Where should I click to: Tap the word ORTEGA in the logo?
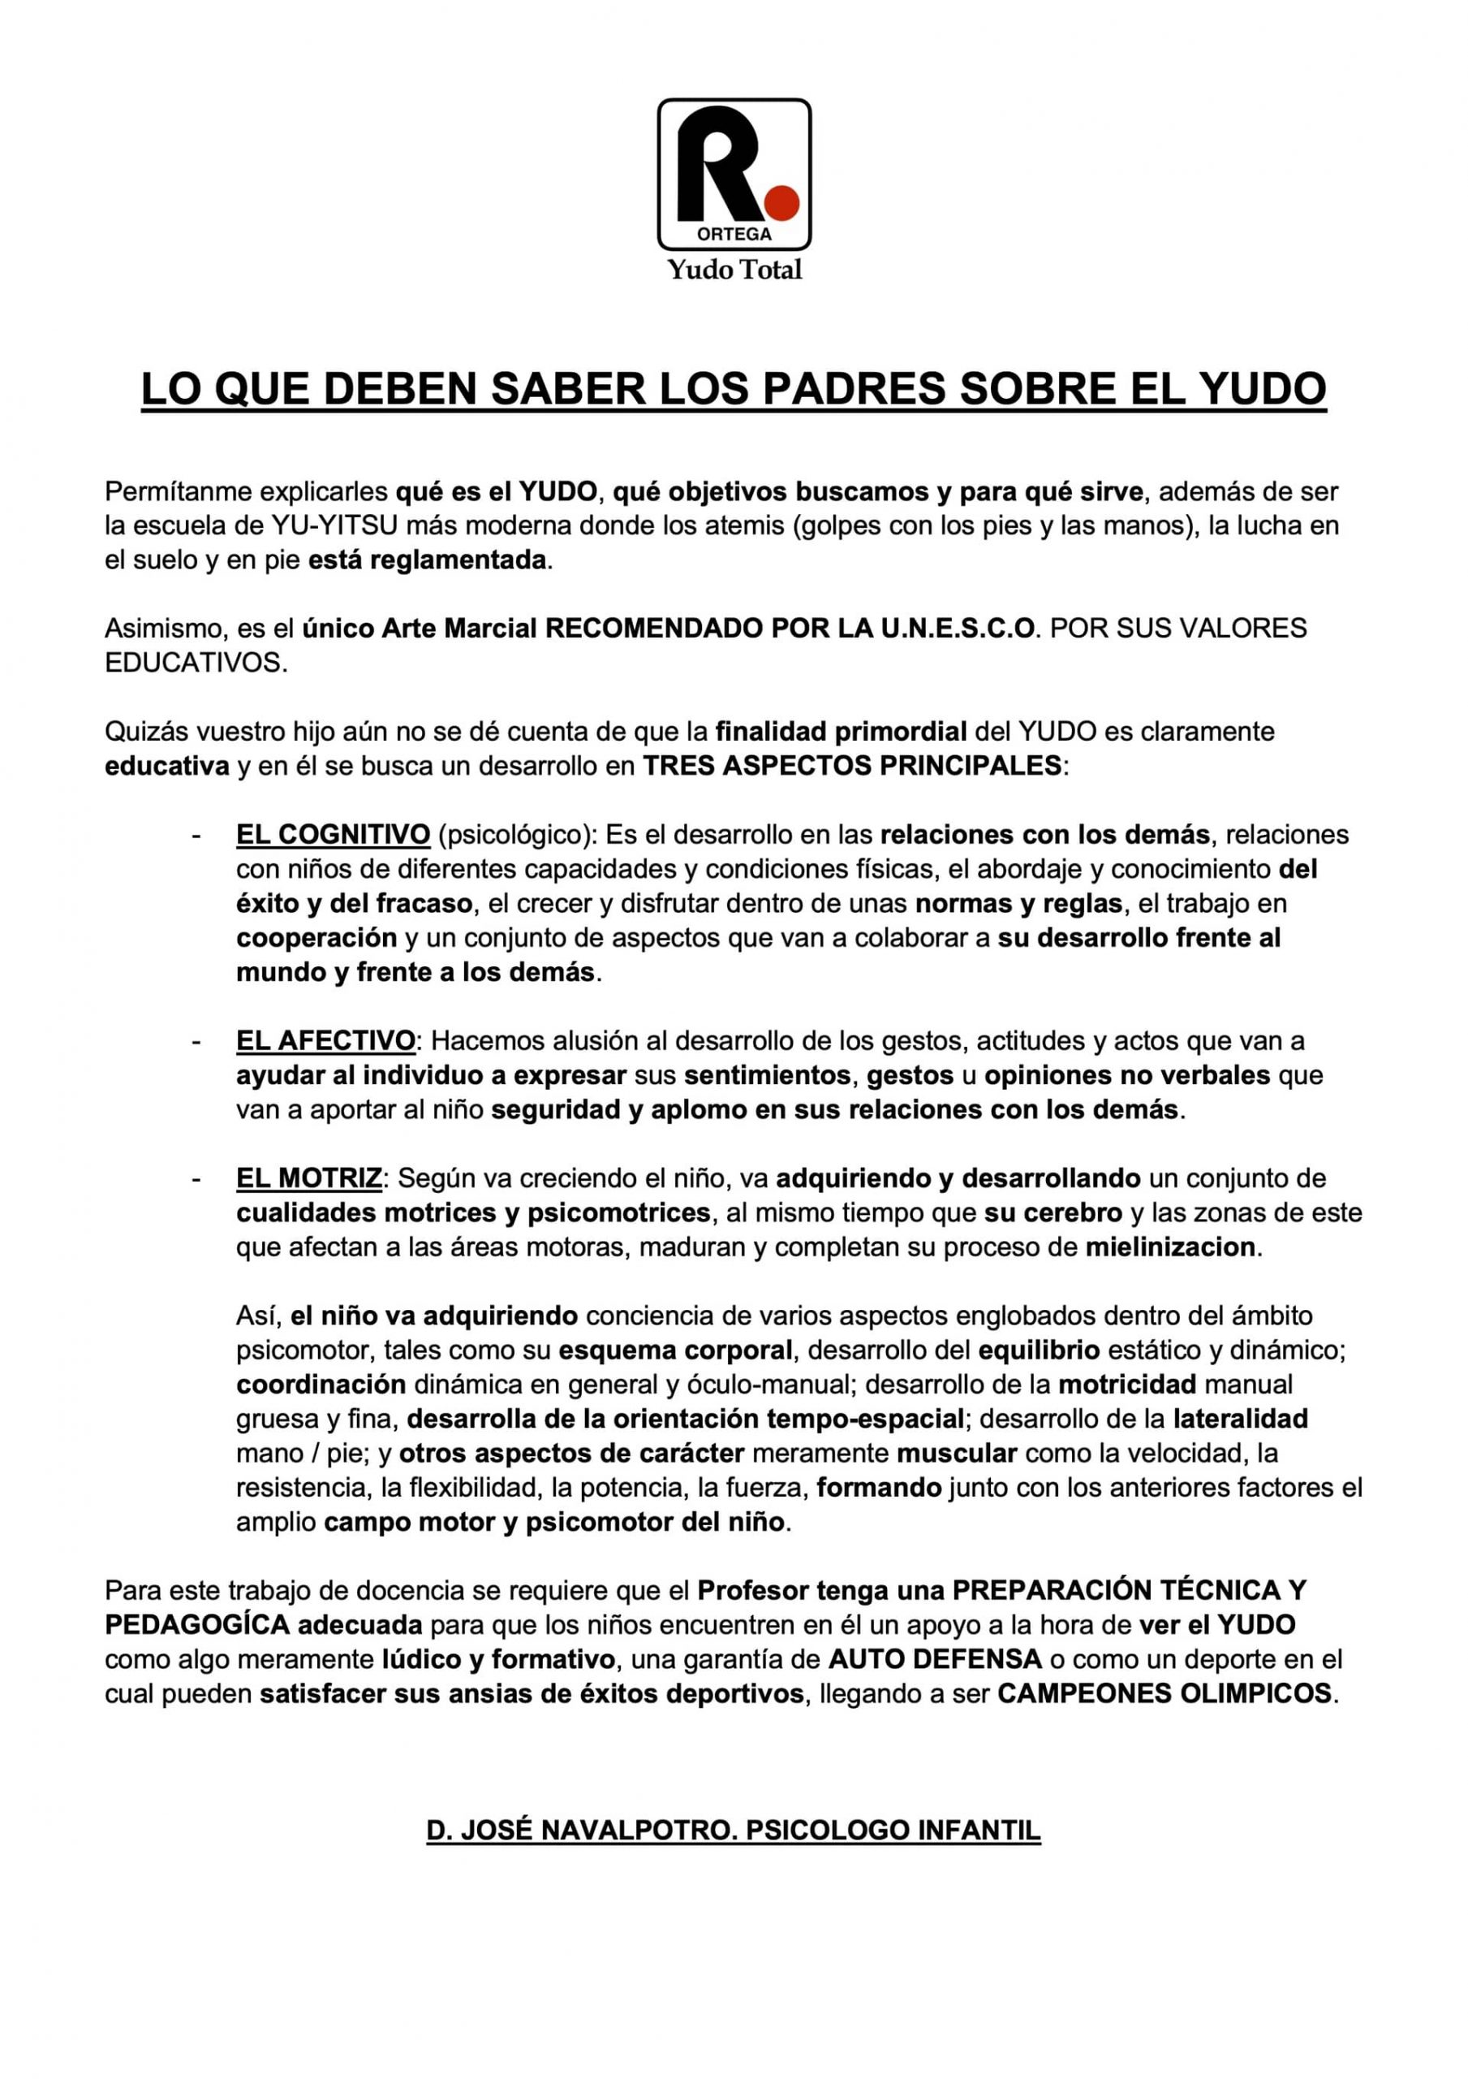click(734, 234)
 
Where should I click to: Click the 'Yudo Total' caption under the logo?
click(734, 270)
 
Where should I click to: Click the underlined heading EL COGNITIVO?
click(333, 834)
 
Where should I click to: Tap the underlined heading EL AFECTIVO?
click(326, 1040)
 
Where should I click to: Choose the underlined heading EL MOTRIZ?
click(309, 1178)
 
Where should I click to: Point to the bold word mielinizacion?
click(1170, 1247)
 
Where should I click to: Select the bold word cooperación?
click(316, 937)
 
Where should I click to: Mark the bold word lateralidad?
click(1240, 1419)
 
